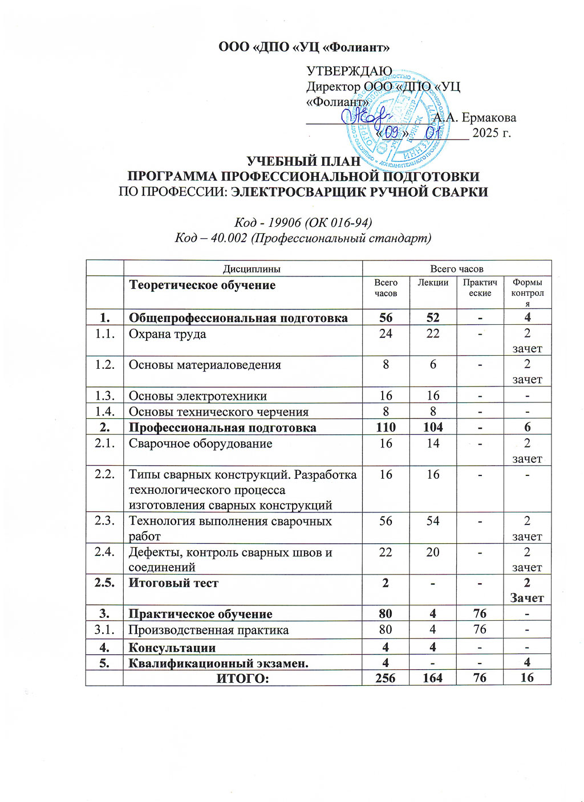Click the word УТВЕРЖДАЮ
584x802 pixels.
[x=349, y=71]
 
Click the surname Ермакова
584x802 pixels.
[x=488, y=118]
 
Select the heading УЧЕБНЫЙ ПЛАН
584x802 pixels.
[x=303, y=162]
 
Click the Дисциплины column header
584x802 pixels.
[x=243, y=268]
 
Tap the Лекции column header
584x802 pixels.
[x=433, y=283]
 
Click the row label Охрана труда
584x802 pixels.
[x=167, y=334]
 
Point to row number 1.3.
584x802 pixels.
[x=105, y=396]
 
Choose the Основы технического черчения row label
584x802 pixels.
[x=218, y=412]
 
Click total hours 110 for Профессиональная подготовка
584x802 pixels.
[x=386, y=428]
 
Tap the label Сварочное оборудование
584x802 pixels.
[x=200, y=443]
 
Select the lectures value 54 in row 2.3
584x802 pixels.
[x=433, y=521]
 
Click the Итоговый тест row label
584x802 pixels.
[x=173, y=583]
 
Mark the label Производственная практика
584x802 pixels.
[x=208, y=630]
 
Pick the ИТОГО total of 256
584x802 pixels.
[x=386, y=677]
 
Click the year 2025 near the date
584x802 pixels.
[x=485, y=133]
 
